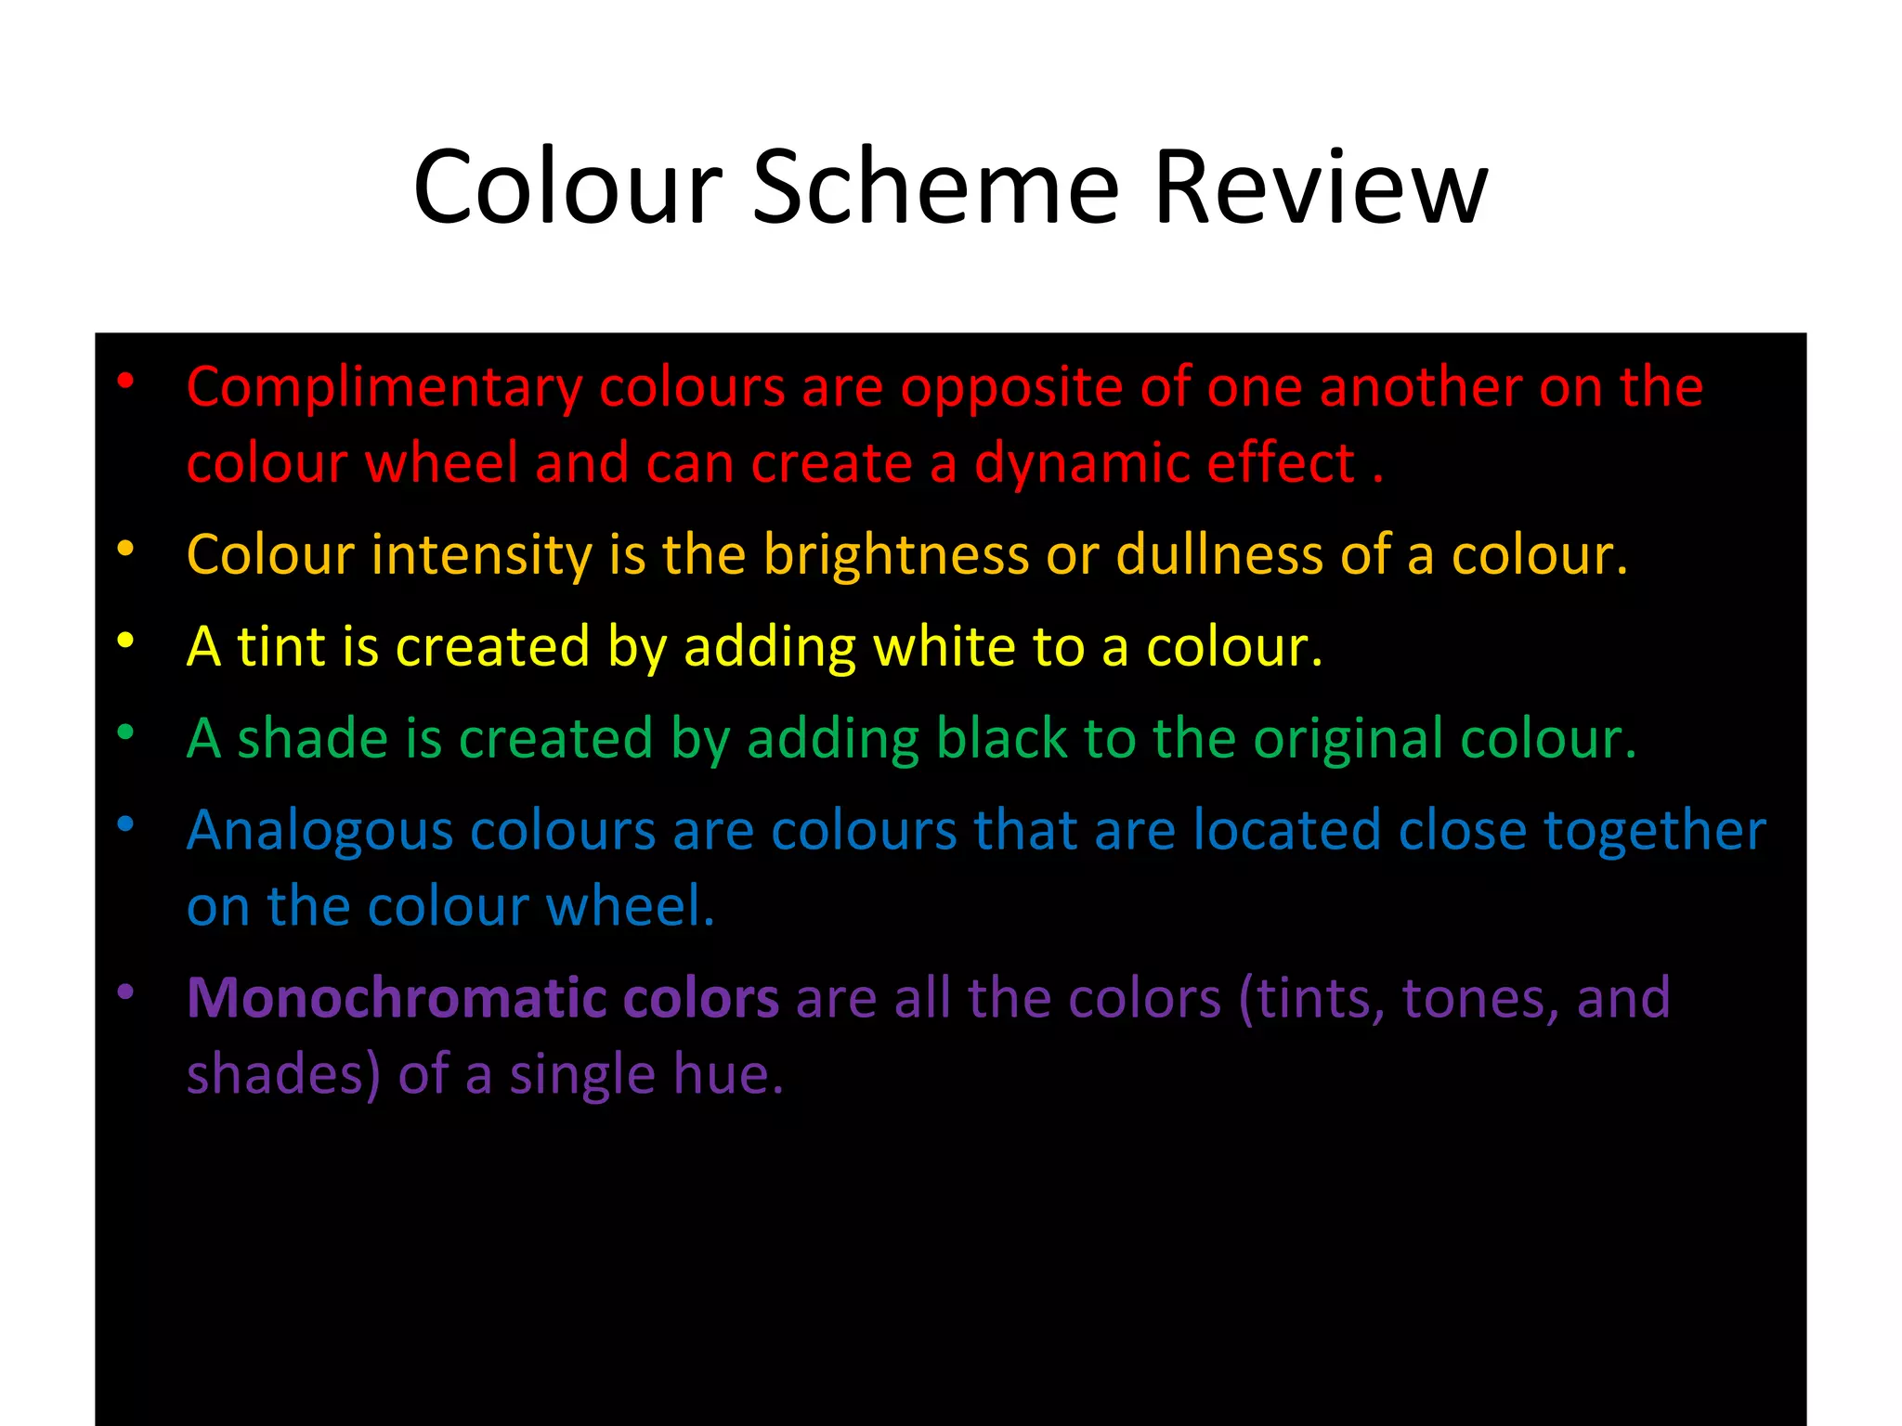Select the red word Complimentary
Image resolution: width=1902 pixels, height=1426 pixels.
coord(384,387)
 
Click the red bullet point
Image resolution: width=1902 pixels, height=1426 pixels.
coord(125,380)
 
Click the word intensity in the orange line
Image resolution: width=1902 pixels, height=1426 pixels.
coord(482,555)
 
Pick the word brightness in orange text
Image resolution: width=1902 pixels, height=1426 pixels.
coord(896,555)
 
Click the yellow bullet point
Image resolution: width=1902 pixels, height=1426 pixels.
coord(125,640)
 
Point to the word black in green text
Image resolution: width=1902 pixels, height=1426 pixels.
coord(1001,739)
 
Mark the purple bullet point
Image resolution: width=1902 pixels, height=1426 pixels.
coord(125,992)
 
